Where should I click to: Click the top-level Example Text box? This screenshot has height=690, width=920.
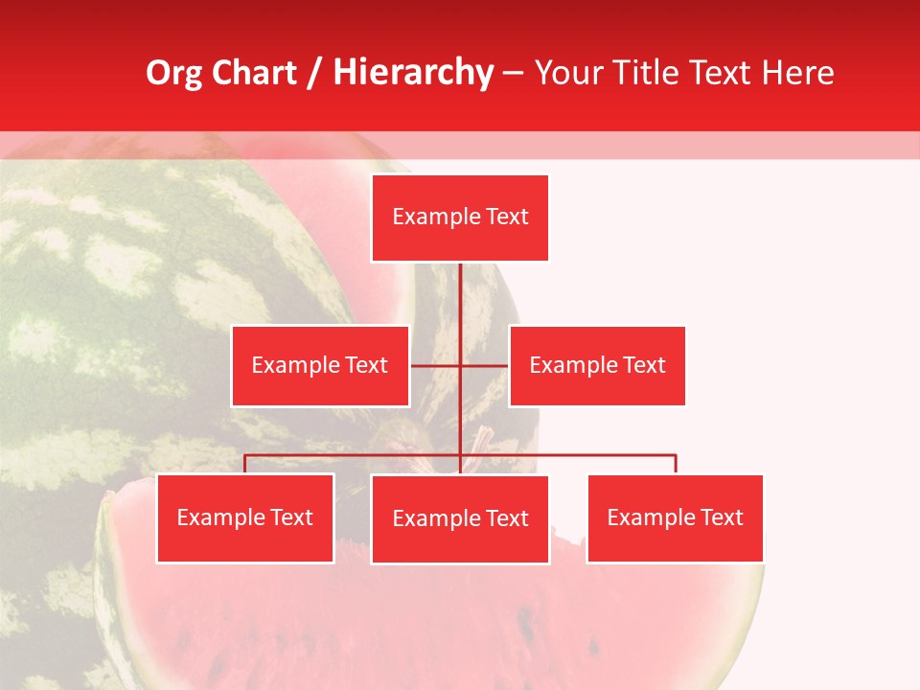(460, 218)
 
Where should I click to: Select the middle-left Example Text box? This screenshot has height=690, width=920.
(320, 365)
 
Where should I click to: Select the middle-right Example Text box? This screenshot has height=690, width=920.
(597, 365)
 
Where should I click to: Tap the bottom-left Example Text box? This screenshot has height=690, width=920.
(245, 518)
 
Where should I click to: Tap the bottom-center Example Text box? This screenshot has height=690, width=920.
(460, 519)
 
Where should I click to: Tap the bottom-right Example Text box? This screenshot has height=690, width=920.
(676, 518)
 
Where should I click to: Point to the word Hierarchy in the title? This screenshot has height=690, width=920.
(412, 73)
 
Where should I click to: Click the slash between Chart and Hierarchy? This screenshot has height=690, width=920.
(315, 73)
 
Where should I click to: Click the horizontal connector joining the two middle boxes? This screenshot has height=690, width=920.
(436, 365)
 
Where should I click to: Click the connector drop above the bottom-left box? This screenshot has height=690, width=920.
(245, 464)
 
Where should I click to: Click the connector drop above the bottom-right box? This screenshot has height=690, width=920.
(676, 464)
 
